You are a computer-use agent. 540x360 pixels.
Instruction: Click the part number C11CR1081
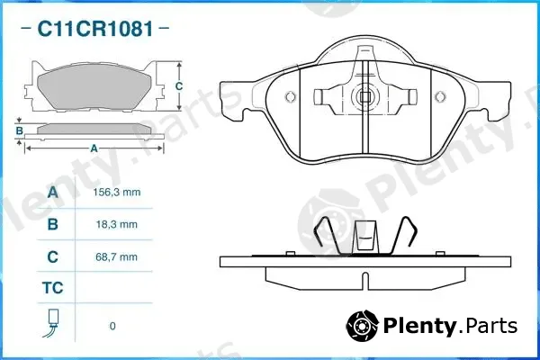coord(95,29)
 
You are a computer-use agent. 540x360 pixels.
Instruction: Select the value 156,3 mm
coord(117,193)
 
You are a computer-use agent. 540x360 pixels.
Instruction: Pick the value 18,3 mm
coord(117,225)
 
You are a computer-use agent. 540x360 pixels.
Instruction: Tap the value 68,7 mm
coord(117,257)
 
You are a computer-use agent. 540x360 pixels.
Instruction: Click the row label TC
coord(53,288)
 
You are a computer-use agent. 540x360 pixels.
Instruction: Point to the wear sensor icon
coord(52,323)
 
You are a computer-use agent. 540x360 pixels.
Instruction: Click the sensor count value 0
coord(112,326)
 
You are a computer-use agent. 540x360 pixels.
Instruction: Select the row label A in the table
coord(53,193)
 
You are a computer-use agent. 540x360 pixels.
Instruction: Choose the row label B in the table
coord(53,224)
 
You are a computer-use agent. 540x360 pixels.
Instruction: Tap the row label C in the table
coord(53,257)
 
